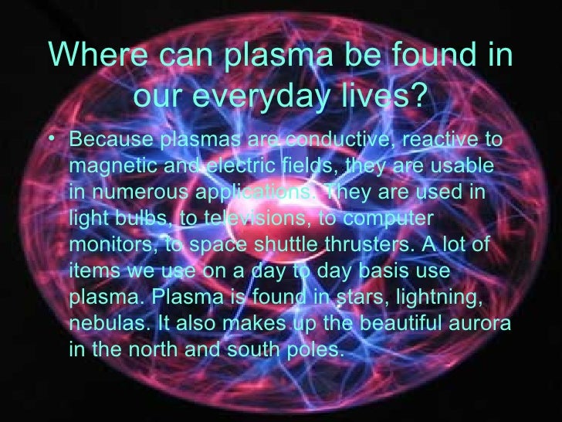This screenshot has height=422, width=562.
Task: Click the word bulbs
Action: [137, 218]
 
